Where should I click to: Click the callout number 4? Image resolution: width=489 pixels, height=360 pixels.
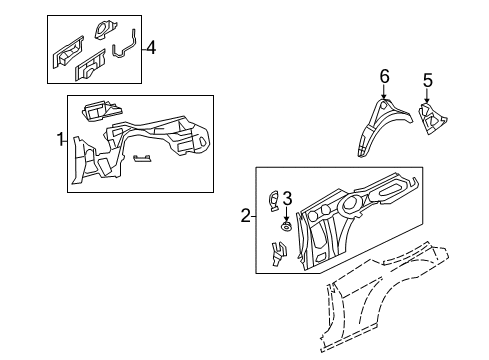(x=150, y=47)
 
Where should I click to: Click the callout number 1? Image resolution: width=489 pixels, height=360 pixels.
(x=59, y=140)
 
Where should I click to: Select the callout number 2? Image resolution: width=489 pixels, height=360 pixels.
(x=246, y=212)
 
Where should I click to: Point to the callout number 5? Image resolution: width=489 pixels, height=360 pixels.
(x=427, y=80)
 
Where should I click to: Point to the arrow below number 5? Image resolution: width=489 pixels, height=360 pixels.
(x=427, y=98)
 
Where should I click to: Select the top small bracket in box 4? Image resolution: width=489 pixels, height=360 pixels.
(x=102, y=30)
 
